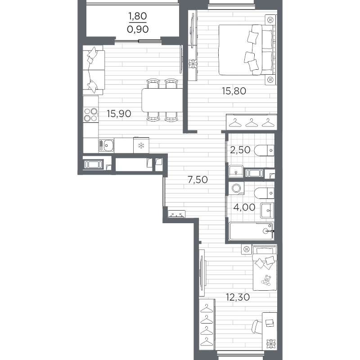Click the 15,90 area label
click(119, 114)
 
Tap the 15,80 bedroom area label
click(234, 91)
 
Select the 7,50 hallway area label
click(198, 180)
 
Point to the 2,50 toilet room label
click(240, 150)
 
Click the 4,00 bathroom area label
click(244, 207)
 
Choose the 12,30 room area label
click(238, 297)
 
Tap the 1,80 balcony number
click(138, 16)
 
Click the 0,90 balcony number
click(138, 29)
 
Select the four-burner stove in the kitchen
click(91, 115)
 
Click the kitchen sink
click(106, 145)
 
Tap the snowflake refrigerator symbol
click(141, 145)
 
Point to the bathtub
click(251, 231)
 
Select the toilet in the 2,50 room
click(264, 150)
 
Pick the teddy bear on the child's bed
click(266, 280)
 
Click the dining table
click(162, 100)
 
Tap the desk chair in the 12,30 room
click(257, 327)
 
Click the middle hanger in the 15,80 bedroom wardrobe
click(252, 122)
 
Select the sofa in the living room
click(94, 70)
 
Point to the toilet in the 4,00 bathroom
click(264, 193)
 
